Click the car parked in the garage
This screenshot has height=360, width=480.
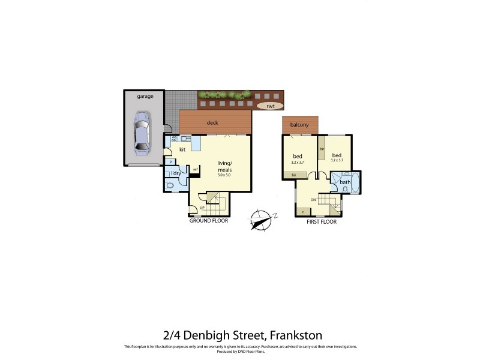pos(143,130)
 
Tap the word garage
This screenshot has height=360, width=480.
pos(145,96)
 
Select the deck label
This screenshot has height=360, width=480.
pos(212,123)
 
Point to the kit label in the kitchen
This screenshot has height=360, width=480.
pos(182,149)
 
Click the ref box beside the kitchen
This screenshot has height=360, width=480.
pos(194,169)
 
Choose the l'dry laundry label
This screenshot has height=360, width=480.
pos(176,174)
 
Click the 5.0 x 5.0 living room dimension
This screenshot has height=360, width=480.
pos(224,175)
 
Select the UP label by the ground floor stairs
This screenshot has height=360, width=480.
pos(202,208)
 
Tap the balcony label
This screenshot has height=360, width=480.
pos(299,125)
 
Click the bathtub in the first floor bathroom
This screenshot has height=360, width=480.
pos(354,182)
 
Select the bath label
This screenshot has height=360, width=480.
pos(345,182)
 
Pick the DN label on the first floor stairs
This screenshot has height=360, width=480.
pos(313,200)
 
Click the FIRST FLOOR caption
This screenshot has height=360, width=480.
pos(321,222)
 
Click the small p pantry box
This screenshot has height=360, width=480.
pos(171,162)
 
